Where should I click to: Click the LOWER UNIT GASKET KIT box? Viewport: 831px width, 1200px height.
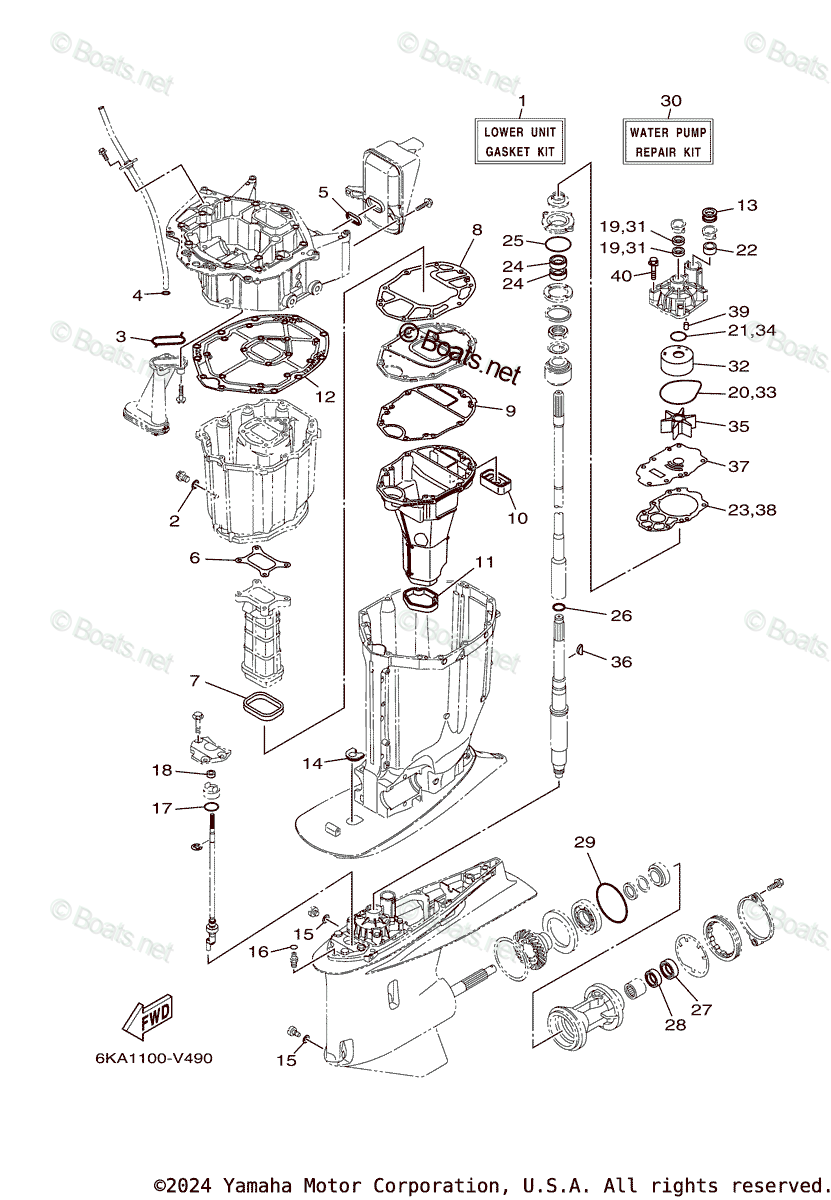(x=520, y=142)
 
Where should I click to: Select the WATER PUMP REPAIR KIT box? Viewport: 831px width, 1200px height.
(x=667, y=142)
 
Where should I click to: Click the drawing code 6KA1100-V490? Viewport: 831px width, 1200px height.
(x=154, y=1058)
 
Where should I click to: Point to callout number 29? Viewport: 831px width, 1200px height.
(x=585, y=844)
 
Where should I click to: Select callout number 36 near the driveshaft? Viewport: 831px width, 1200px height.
(x=621, y=662)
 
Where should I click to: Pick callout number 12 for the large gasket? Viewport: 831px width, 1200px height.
(x=326, y=396)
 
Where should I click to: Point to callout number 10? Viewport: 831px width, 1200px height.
(x=517, y=519)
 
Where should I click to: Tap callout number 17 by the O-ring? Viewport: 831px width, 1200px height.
(x=162, y=808)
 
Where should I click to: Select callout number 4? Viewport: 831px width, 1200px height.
(x=138, y=295)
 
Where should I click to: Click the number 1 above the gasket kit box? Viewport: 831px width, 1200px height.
(x=521, y=101)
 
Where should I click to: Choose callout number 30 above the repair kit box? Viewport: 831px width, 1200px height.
(x=671, y=101)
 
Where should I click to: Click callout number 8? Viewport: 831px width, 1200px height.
(x=477, y=229)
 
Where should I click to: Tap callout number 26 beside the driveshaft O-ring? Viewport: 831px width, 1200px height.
(x=621, y=615)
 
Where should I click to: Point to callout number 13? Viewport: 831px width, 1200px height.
(x=747, y=206)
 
